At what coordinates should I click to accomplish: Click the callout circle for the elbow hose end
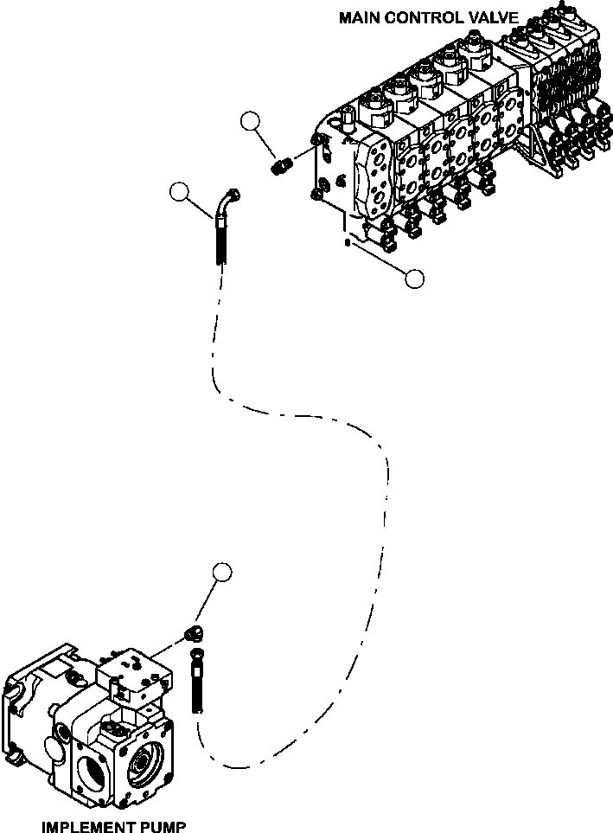pyautogui.click(x=179, y=192)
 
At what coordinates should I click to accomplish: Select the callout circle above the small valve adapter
pyautogui.click(x=250, y=122)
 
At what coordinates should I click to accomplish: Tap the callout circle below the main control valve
pyautogui.click(x=414, y=279)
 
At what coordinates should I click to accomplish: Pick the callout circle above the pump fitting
pyautogui.click(x=222, y=572)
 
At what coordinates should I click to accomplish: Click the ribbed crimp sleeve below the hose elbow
pyautogui.click(x=222, y=241)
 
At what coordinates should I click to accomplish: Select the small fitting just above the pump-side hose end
pyautogui.click(x=195, y=634)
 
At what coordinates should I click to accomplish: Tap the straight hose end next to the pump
pyautogui.click(x=196, y=682)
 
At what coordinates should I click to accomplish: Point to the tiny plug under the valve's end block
pyautogui.click(x=347, y=243)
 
